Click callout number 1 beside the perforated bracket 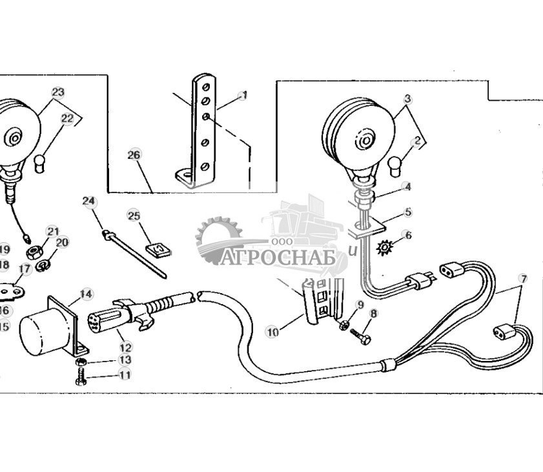coord(243,96)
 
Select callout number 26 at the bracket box coord(133,155)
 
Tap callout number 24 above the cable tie coord(88,201)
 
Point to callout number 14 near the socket coord(86,294)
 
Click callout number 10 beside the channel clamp coord(272,332)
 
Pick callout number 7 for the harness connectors coord(523,279)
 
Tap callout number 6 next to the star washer coord(407,236)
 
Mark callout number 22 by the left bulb coord(68,118)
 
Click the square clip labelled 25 coord(155,248)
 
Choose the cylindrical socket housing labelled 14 coord(44,332)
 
